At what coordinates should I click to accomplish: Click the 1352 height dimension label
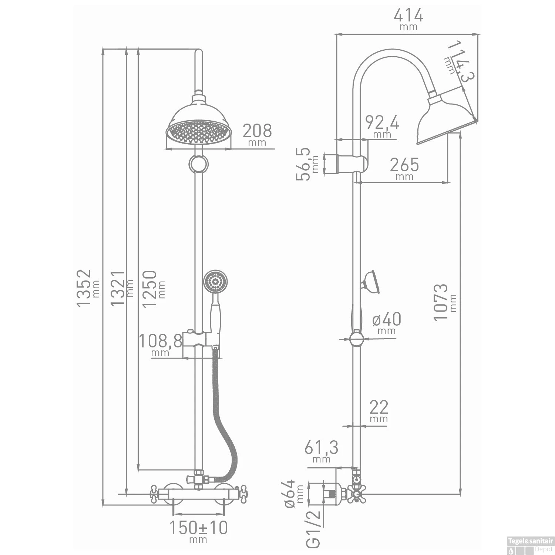pyautogui.click(x=84, y=288)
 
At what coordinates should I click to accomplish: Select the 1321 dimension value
pyautogui.click(x=118, y=288)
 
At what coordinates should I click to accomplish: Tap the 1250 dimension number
pyautogui.click(x=149, y=289)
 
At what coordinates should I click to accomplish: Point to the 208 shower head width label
pyautogui.click(x=257, y=131)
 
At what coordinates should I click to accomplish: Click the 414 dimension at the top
pyautogui.click(x=408, y=16)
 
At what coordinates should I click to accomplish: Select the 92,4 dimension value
pyautogui.click(x=382, y=122)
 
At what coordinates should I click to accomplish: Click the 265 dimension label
pyautogui.click(x=404, y=165)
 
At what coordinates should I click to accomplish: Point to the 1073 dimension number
pyautogui.click(x=441, y=302)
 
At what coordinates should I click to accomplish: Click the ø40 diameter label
pyautogui.click(x=387, y=319)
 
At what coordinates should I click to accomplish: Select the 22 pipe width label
pyautogui.click(x=379, y=407)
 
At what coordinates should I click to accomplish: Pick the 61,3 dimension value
pyautogui.click(x=321, y=448)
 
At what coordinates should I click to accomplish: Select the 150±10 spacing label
pyautogui.click(x=198, y=528)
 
